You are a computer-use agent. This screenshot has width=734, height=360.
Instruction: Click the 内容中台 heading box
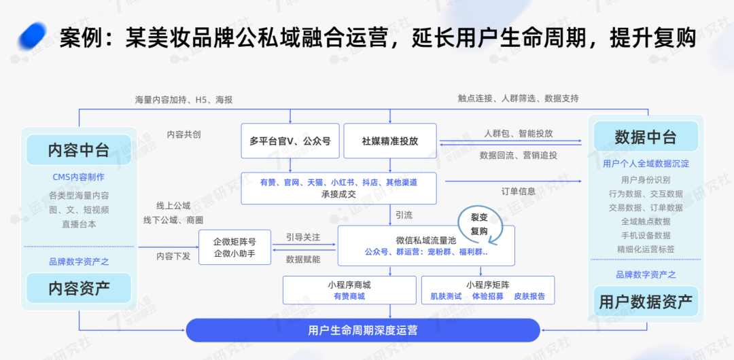pyautogui.click(x=78, y=150)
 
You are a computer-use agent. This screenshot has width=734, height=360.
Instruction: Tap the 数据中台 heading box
pyautogui.click(x=646, y=137)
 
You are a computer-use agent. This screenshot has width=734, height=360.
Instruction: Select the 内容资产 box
pyautogui.click(x=78, y=288)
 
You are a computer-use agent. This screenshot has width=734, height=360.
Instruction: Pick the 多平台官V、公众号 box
pyautogui.click(x=290, y=141)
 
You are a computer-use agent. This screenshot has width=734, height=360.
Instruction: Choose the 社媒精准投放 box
pyautogui.click(x=389, y=141)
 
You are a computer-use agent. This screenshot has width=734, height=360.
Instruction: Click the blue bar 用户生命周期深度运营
pyautogui.click(x=363, y=330)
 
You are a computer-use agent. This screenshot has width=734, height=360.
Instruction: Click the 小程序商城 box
pyautogui.click(x=349, y=290)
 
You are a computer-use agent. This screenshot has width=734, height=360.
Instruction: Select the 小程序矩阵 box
pyautogui.click(x=488, y=290)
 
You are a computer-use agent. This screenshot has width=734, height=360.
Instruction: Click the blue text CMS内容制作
pyautogui.click(x=78, y=177)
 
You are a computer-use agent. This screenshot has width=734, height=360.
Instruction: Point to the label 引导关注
pyautogui.click(x=303, y=238)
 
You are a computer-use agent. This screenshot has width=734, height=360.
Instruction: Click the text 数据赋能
pyautogui.click(x=303, y=259)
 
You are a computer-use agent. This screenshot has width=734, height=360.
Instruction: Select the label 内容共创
pyautogui.click(x=183, y=134)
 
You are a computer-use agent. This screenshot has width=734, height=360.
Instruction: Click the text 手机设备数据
pyautogui.click(x=646, y=235)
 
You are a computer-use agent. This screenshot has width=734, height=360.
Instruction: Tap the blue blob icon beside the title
pyautogui.click(x=32, y=36)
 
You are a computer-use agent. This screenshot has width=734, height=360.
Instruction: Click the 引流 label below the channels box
pyautogui.click(x=404, y=215)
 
